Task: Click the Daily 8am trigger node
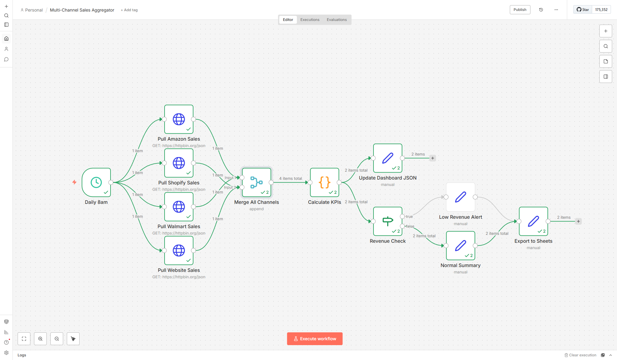pos(96,182)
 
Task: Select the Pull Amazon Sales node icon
pos(179,119)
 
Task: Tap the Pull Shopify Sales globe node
pos(179,163)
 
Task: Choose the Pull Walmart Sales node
pos(179,207)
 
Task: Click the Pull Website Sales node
pos(179,250)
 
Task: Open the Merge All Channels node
pos(257,182)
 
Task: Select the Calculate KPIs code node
pos(325,182)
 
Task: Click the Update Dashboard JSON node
pos(388,158)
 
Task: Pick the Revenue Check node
pos(388,221)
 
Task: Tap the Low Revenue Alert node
pos(461,197)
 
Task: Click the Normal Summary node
pos(461,245)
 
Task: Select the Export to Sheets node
pos(533,221)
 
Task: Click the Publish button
pos(520,10)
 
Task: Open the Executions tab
pos(310,20)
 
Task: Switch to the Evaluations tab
pos(336,20)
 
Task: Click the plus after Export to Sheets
pos(578,221)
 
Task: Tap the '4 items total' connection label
pos(291,179)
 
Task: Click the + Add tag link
pos(129,10)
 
